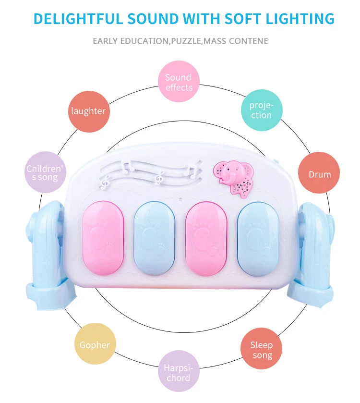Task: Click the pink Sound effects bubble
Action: pos(179,82)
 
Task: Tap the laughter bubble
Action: pos(88,111)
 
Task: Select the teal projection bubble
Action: pos(261,110)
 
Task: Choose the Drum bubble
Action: pos(319,174)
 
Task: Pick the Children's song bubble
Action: pos(45,173)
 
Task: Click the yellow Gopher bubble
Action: pos(95,344)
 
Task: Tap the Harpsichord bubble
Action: pos(178,372)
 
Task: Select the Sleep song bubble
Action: pos(261,350)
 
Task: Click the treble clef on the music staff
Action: pos(106,181)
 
